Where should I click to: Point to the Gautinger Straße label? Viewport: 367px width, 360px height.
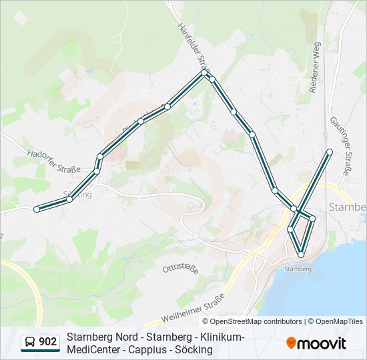[340, 147]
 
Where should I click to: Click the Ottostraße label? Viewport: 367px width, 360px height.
[180, 269]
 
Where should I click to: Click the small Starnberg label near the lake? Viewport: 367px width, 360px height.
[298, 269]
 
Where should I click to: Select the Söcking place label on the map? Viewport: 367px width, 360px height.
[78, 195]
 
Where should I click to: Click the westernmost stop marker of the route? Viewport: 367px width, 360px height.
[37, 209]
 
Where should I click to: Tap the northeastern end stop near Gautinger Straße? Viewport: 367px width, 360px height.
[330, 152]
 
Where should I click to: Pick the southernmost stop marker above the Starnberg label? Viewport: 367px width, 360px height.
[301, 255]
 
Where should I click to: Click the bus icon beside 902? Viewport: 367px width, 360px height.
[31, 343]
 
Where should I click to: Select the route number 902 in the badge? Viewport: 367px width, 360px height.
[48, 343]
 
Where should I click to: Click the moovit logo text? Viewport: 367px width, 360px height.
[322, 343]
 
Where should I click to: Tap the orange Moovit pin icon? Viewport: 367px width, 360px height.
[292, 343]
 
